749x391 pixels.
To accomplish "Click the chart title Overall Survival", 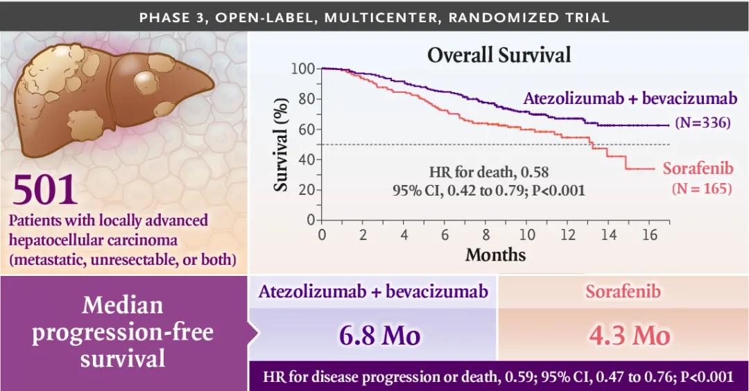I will coord(499,55).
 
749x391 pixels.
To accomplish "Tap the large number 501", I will coord(44,190).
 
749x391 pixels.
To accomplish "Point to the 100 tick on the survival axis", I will coord(303,69).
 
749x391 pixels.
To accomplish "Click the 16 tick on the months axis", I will coord(649,234).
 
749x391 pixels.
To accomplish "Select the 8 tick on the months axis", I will coord(486,234).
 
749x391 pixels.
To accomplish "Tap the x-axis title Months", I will coord(495,254).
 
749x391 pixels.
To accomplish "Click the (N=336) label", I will coord(703,123).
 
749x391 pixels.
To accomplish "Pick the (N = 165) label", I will coord(701,188).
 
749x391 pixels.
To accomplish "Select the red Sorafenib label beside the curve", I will coord(698,168).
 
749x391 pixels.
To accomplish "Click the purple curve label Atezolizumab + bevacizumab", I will coord(630,99).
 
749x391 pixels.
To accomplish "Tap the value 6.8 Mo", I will coord(379,336).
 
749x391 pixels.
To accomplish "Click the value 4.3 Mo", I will coord(630,336).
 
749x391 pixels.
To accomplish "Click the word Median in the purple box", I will coord(122,305).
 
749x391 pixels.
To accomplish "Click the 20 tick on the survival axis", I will coord(306,190).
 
